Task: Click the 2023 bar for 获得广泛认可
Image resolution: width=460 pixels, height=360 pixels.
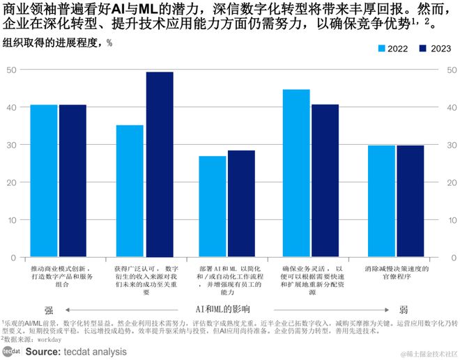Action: [160, 164]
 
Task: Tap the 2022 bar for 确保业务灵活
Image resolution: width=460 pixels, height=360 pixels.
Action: [296, 173]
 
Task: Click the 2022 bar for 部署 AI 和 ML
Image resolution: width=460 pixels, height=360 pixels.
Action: [213, 206]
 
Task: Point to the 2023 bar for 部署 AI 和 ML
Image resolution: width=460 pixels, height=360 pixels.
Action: [241, 203]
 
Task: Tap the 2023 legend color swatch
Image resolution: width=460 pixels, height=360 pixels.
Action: [424, 49]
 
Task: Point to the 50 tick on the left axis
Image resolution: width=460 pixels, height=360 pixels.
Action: [12, 70]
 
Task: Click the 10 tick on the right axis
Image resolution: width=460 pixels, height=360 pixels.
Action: [451, 219]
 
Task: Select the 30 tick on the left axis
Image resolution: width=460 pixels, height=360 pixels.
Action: [12, 145]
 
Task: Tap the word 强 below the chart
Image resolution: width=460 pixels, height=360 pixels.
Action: [49, 310]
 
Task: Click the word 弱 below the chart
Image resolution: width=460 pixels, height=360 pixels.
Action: [404, 310]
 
